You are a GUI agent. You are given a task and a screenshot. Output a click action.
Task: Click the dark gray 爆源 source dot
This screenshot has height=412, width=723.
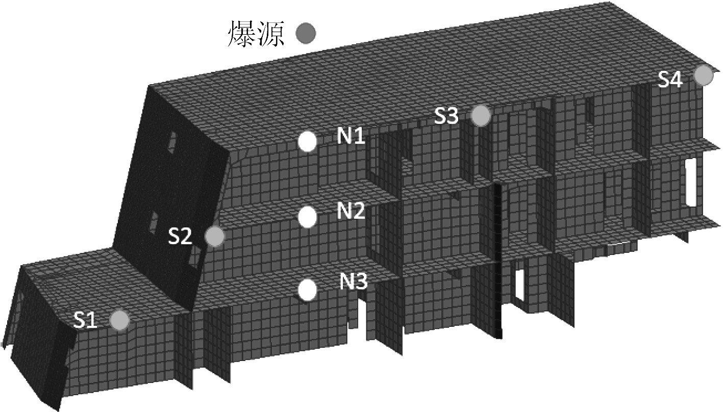click(x=306, y=34)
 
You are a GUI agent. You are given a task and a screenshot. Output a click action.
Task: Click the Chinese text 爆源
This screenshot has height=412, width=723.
click(x=255, y=34)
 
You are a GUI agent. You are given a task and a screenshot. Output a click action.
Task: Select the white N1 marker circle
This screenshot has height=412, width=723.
click(x=307, y=142)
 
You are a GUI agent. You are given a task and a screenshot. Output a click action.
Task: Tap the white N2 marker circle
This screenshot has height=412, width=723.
click(x=307, y=217)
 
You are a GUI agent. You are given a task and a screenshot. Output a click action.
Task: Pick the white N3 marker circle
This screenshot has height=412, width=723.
click(x=307, y=290)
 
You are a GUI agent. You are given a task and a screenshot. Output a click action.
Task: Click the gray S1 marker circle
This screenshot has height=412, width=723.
click(x=120, y=320)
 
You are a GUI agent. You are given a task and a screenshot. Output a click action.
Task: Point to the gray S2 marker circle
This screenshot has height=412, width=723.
click(x=215, y=236)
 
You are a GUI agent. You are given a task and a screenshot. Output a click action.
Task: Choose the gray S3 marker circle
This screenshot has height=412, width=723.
click(x=481, y=116)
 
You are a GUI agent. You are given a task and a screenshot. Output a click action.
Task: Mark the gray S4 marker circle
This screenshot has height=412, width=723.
click(x=704, y=75)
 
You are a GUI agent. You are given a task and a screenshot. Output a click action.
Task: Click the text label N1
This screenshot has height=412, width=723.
click(x=351, y=136)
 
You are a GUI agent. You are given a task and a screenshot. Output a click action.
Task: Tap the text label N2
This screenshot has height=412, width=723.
click(x=351, y=211)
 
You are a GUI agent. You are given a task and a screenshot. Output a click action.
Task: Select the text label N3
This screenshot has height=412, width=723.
click(x=353, y=281)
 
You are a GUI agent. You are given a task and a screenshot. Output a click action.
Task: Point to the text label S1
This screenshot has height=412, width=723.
click(x=85, y=321)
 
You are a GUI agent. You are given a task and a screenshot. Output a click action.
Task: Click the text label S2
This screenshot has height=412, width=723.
click(x=180, y=237)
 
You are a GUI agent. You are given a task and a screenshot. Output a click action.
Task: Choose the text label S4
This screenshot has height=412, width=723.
click(x=670, y=80)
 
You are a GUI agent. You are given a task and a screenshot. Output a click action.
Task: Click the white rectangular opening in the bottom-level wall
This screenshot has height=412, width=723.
click(x=520, y=284)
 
